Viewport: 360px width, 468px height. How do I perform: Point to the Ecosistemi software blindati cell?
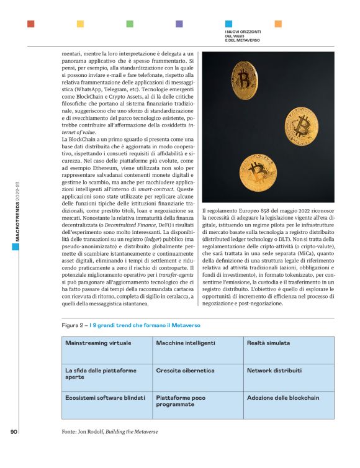[x=106, y=404]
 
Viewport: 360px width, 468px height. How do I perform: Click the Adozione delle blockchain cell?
[x=289, y=404]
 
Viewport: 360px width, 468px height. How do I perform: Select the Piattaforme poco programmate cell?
[x=197, y=404]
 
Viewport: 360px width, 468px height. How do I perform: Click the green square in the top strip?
[x=130, y=24]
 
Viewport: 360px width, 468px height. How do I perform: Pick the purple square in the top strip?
[x=179, y=24]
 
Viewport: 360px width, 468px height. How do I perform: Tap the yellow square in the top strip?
[x=80, y=24]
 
